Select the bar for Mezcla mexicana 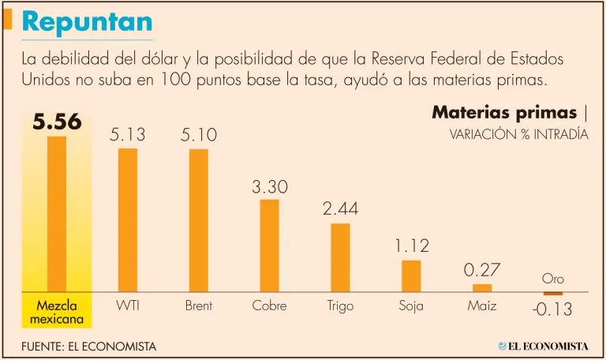point(57,213)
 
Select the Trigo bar point(340,257)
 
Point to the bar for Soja point(411,276)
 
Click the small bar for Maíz point(482,287)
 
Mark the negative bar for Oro point(552,294)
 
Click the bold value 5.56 point(57,122)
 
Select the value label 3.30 point(269,188)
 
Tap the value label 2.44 point(340,210)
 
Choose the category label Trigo point(340,306)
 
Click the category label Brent point(199,306)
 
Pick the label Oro point(552,279)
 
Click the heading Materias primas point(503,112)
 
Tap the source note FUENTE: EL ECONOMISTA point(89,346)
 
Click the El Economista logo point(544,346)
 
